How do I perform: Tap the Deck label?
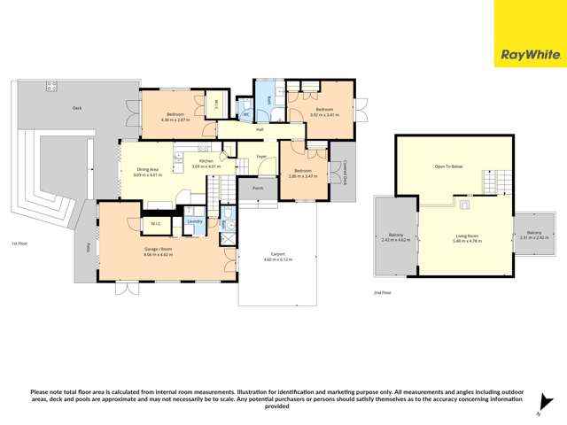[77, 107]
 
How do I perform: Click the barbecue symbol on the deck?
[51, 86]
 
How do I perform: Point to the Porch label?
[258, 188]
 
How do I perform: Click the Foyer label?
[261, 157]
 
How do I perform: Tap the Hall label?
[260, 130]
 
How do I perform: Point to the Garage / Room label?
[158, 250]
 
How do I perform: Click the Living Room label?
[466, 236]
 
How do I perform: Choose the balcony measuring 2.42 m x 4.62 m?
[396, 237]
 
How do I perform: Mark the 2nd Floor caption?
[382, 290]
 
